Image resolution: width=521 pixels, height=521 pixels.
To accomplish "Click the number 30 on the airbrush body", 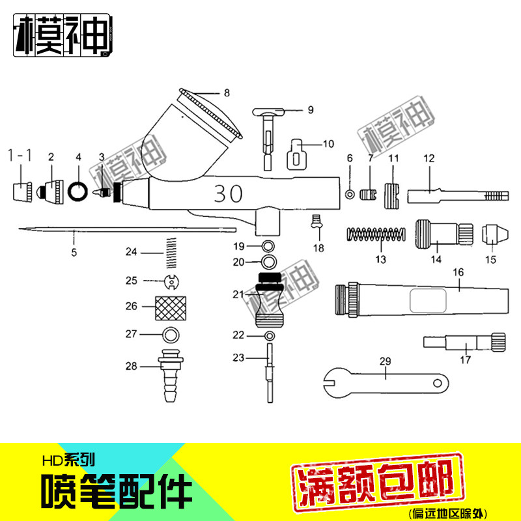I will pyautogui.click(x=227, y=193).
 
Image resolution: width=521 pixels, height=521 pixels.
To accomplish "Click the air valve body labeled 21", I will pyautogui.click(x=269, y=300).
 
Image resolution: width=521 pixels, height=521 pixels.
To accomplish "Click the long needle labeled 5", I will pyautogui.click(x=124, y=229).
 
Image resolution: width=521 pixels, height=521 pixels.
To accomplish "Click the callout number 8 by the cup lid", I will pyautogui.click(x=226, y=93).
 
